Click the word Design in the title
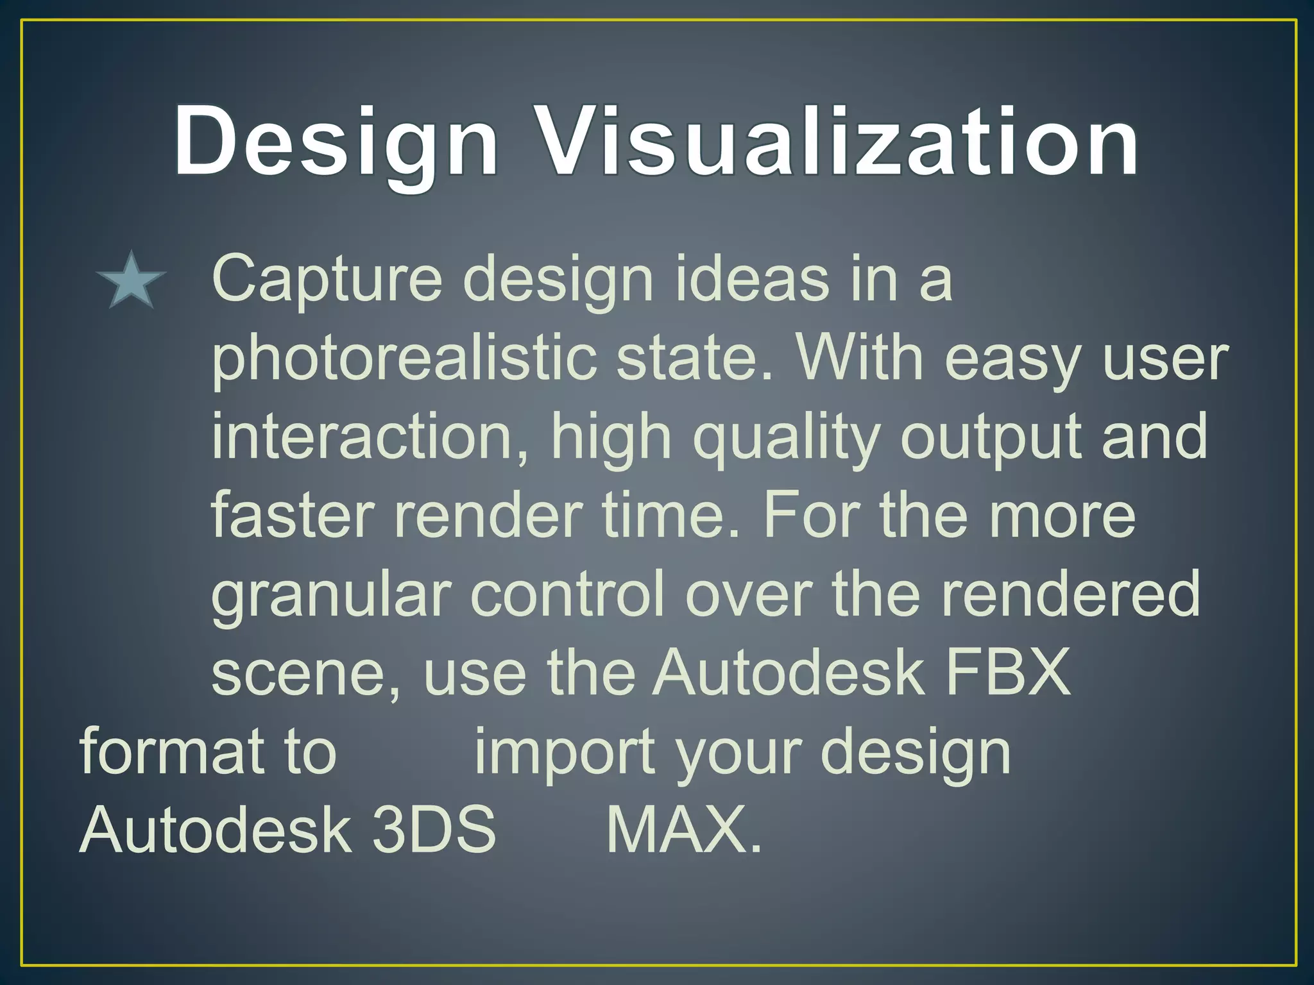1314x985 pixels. (x=336, y=142)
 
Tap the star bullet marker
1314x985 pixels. (x=131, y=281)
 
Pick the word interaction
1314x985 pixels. (x=370, y=437)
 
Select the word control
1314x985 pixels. (x=568, y=594)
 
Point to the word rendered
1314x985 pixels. (x=1070, y=594)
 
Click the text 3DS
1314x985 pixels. (x=434, y=830)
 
